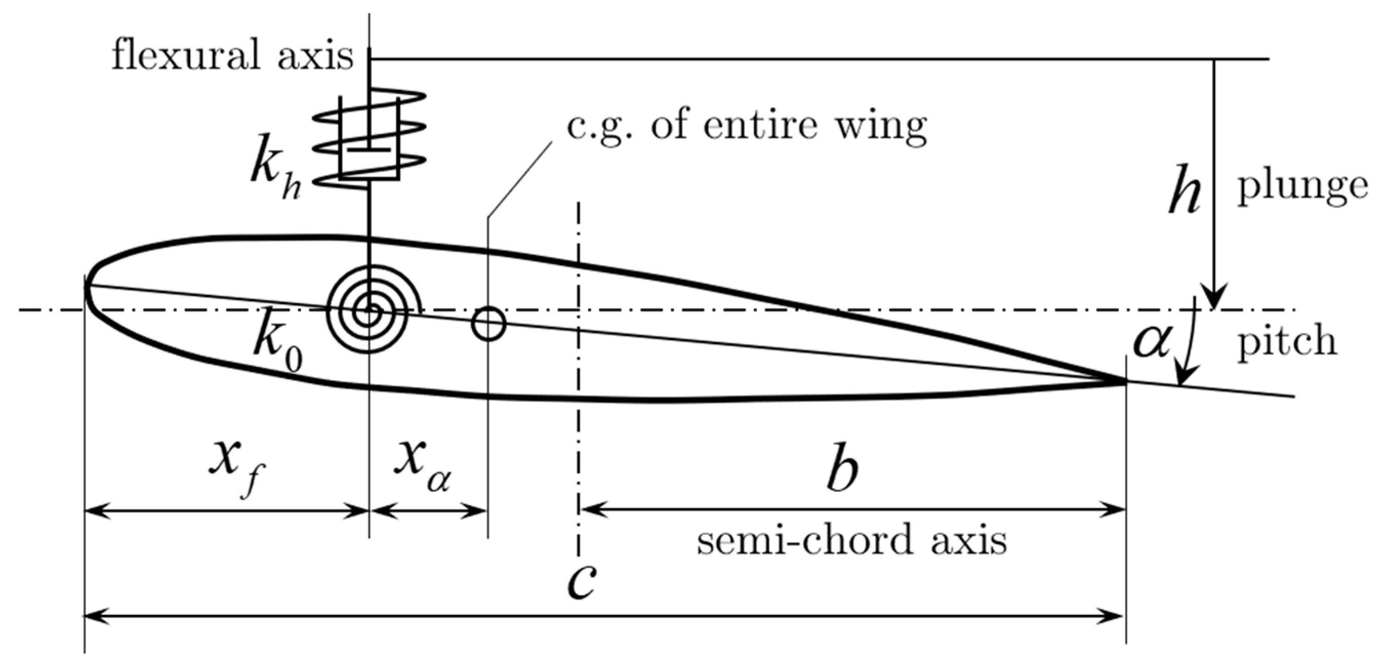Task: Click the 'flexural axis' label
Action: pyautogui.click(x=232, y=57)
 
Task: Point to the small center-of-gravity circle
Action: pyautogui.click(x=488, y=324)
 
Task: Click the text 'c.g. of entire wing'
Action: pyautogui.click(x=746, y=126)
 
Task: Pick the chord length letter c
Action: pyautogui.click(x=582, y=586)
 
